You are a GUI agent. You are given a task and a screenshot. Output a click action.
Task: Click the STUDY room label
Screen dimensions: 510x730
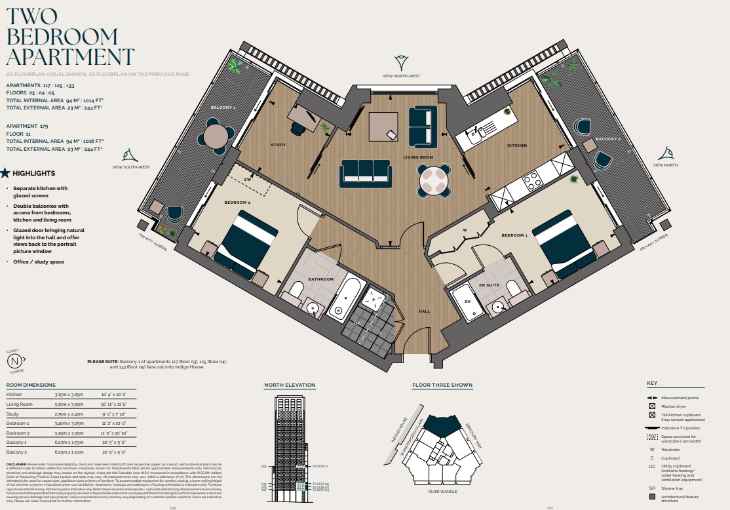point(279,145)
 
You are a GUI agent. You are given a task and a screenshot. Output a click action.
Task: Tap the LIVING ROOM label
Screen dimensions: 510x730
point(417,158)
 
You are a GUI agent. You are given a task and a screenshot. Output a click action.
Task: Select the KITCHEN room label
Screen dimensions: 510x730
point(517,146)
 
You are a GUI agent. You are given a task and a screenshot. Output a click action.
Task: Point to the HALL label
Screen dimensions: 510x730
point(424,311)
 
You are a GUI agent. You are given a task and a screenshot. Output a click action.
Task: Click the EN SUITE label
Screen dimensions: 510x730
point(489,285)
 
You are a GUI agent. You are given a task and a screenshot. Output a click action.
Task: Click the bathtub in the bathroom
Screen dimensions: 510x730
point(343,299)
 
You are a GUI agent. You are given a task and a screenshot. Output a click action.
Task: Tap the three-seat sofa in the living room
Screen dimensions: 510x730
point(365,172)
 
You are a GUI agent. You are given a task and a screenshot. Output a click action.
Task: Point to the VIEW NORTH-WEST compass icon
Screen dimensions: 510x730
point(401,63)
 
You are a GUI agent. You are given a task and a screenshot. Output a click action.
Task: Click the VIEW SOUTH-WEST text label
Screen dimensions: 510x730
point(130,167)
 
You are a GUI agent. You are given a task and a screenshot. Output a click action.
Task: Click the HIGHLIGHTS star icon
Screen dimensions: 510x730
point(5,173)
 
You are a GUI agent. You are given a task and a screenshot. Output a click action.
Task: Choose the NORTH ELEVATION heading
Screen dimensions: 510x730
point(290,385)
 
